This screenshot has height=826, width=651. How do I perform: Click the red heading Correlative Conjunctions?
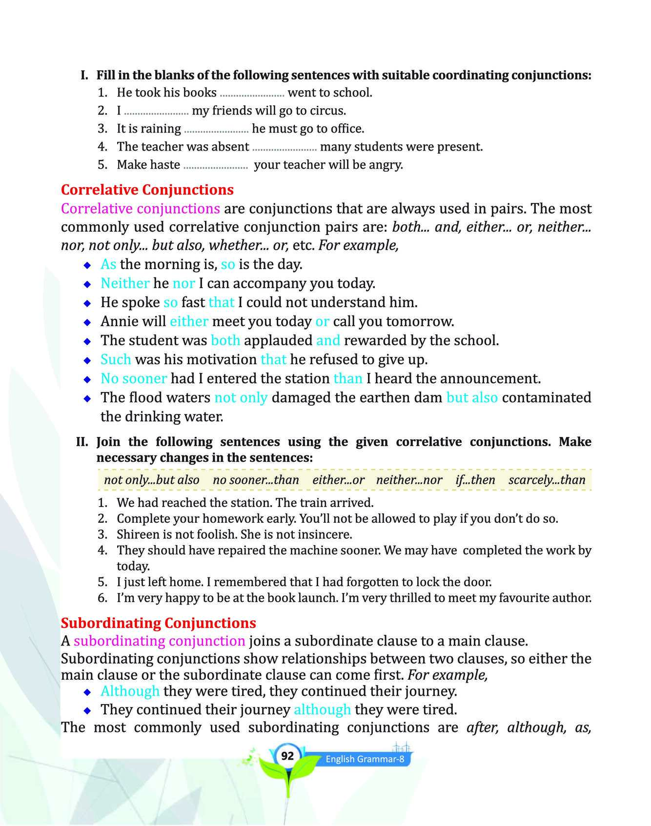[147, 189]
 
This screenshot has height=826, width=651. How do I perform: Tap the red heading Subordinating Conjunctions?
[158, 623]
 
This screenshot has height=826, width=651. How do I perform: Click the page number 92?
[287, 756]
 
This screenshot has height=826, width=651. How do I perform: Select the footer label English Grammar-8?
[365, 759]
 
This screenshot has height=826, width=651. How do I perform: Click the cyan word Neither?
[125, 283]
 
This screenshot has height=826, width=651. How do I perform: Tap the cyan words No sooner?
[134, 378]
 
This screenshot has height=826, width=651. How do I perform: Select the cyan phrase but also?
[472, 397]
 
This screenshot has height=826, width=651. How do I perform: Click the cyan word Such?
[116, 359]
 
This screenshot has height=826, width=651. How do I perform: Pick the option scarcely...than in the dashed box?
[547, 480]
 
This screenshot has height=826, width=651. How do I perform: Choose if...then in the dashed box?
[475, 480]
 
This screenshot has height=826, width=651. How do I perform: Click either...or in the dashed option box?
[338, 480]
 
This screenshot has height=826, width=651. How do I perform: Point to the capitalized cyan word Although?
[130, 691]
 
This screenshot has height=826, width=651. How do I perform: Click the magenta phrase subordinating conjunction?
[159, 641]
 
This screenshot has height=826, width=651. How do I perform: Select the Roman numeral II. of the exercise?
[82, 442]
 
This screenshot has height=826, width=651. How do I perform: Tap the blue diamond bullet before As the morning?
[87, 265]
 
